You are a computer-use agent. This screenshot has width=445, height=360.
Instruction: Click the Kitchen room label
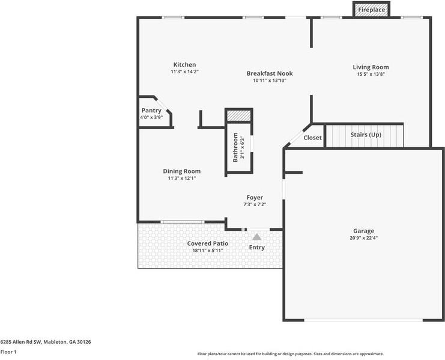click(x=184, y=65)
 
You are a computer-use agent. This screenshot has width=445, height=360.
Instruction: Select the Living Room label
click(x=371, y=67)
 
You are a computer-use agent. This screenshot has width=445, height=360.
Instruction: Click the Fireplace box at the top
click(x=372, y=10)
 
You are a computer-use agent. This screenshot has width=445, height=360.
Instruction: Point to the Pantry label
click(x=151, y=111)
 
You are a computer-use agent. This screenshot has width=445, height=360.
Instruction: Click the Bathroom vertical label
click(x=235, y=147)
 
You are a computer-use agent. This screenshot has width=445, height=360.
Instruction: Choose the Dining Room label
click(x=181, y=171)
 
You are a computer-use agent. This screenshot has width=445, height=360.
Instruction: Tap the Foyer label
click(x=255, y=198)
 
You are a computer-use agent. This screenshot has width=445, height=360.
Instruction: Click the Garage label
click(x=363, y=231)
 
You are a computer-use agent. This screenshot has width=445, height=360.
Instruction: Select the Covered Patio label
click(x=207, y=243)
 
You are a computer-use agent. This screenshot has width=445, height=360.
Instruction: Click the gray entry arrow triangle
click(x=256, y=237)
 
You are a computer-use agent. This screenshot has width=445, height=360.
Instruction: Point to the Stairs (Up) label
click(x=366, y=135)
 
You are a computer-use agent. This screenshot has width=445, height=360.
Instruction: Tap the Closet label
click(x=312, y=138)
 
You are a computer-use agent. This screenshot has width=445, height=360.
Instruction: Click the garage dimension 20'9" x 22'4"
click(x=363, y=238)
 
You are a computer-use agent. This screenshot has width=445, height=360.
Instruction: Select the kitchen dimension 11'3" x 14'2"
click(x=184, y=72)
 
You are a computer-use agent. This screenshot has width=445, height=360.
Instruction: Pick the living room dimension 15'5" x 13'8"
click(x=371, y=74)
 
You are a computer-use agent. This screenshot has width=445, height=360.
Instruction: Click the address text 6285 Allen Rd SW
click(x=45, y=341)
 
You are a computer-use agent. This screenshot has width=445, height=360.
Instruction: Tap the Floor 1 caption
click(x=8, y=352)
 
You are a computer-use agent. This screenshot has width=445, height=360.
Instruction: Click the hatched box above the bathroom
click(x=238, y=115)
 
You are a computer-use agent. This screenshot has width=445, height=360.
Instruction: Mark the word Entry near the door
click(x=256, y=248)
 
